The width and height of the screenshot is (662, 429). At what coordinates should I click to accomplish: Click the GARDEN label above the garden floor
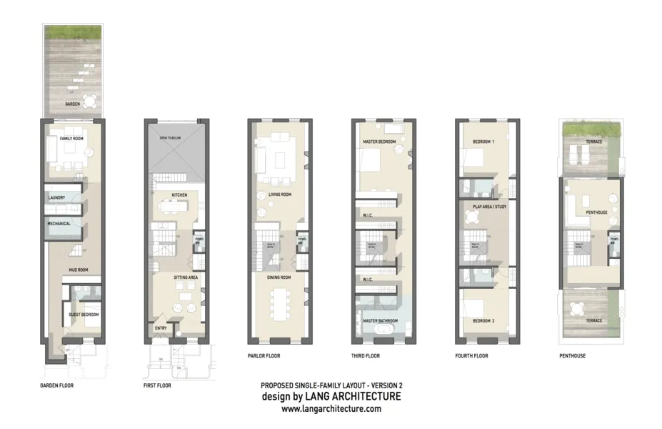72,104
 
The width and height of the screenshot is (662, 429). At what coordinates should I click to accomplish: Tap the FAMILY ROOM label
72,138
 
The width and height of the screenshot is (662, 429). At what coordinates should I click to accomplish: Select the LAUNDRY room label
57,197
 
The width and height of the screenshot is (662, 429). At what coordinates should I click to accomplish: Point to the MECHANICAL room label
59,223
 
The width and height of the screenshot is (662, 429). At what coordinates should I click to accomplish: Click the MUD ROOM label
78,270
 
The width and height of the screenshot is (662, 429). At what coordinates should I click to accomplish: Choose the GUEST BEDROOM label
84,315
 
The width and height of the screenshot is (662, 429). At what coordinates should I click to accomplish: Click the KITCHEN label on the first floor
179,194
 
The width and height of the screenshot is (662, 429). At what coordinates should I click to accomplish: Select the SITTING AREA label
185,276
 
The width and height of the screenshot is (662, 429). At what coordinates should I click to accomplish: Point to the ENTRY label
161,329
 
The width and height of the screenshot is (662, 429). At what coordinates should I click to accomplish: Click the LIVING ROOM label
279,194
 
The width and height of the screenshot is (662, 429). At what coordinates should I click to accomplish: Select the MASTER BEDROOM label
378,142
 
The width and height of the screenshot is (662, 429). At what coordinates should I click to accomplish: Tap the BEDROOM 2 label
483,321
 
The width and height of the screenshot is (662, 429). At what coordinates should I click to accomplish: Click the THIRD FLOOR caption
366,355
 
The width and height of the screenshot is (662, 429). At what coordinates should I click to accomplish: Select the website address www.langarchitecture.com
331,409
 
